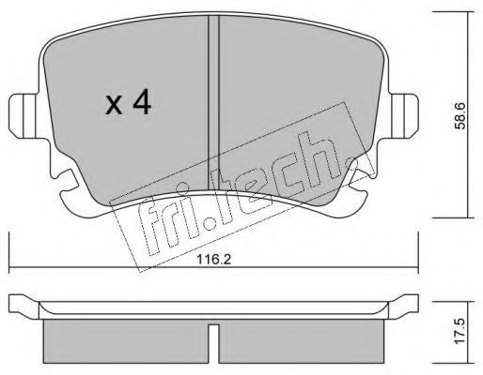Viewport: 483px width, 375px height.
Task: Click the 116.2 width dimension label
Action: (x=214, y=259)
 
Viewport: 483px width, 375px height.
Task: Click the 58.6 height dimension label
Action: (x=460, y=115)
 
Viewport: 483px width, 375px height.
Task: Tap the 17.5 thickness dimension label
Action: (x=460, y=331)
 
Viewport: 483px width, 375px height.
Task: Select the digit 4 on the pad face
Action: (x=142, y=101)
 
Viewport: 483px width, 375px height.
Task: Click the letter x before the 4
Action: (x=114, y=105)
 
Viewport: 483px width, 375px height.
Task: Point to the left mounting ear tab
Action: (x=23, y=116)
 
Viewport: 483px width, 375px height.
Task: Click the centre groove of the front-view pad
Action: (x=213, y=103)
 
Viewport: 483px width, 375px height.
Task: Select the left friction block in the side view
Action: (x=126, y=341)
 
